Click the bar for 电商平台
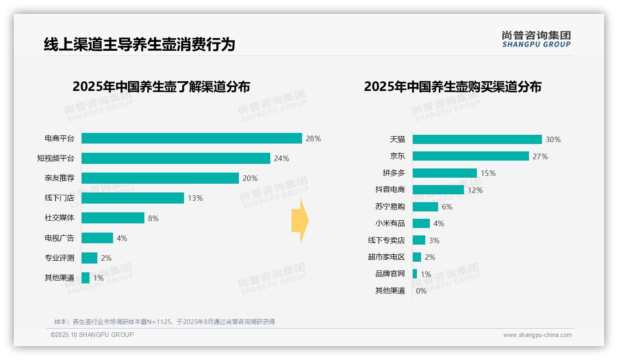191,138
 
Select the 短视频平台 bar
176,158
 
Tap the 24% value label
281,158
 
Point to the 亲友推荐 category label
59,178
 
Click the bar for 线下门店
133,198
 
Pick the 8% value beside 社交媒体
153,218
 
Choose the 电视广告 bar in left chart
97,238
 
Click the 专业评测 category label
59,258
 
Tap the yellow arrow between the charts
300,221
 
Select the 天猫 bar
477,139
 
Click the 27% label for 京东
540,156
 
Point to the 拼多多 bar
445,173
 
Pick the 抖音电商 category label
390,190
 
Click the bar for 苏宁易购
425,207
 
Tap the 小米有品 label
390,223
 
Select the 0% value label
421,291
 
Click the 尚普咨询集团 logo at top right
536,39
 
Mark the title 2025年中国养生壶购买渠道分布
452,87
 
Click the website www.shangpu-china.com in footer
537,335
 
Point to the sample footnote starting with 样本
165,322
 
